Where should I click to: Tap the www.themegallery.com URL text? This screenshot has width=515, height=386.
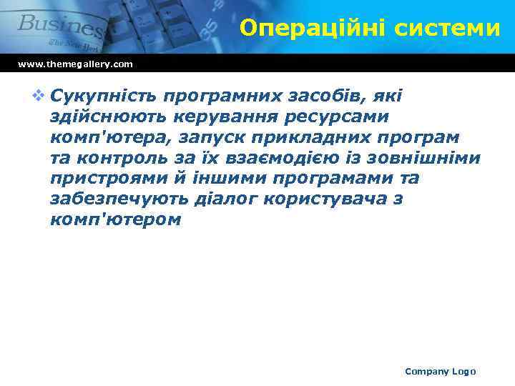(75, 64)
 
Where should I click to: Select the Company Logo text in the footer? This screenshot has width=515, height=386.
(440, 371)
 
